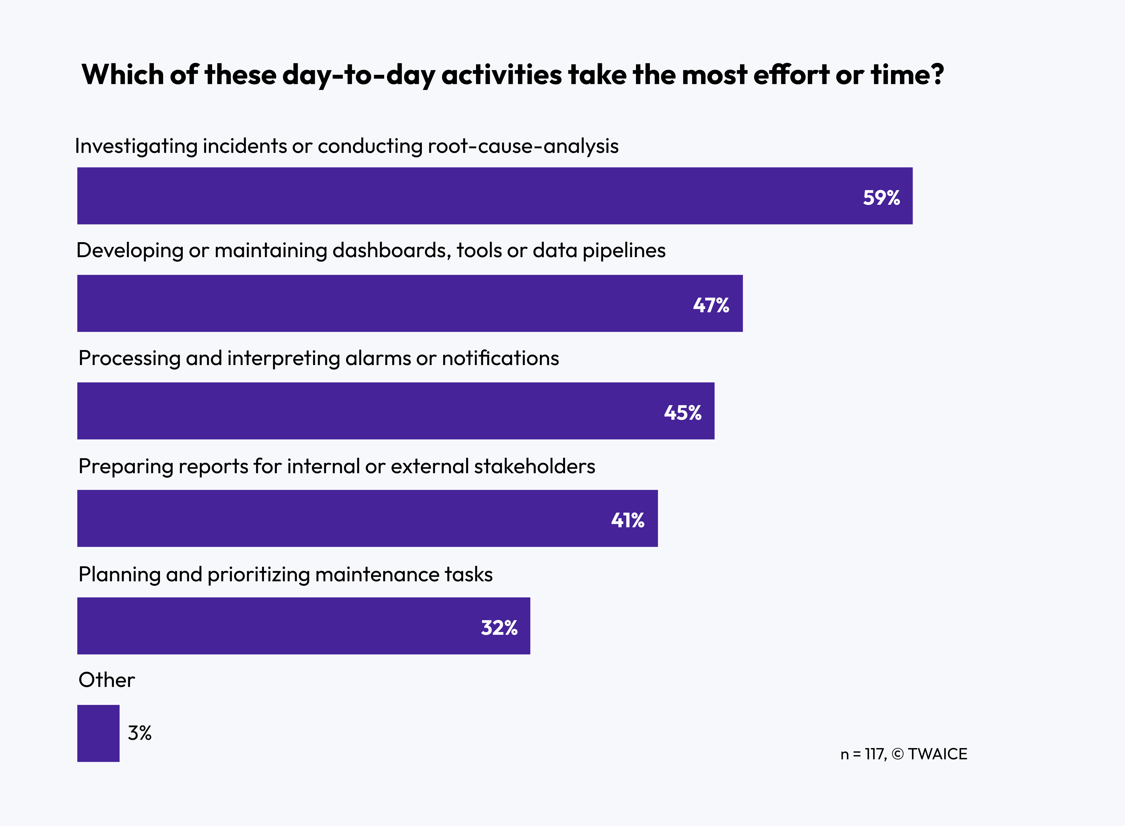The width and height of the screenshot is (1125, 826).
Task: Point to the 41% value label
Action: (x=627, y=520)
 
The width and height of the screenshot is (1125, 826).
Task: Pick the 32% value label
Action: (x=499, y=628)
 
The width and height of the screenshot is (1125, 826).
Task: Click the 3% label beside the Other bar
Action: (x=139, y=733)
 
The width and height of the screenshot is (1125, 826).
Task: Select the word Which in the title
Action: (x=123, y=75)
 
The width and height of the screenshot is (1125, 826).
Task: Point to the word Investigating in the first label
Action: (x=136, y=146)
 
